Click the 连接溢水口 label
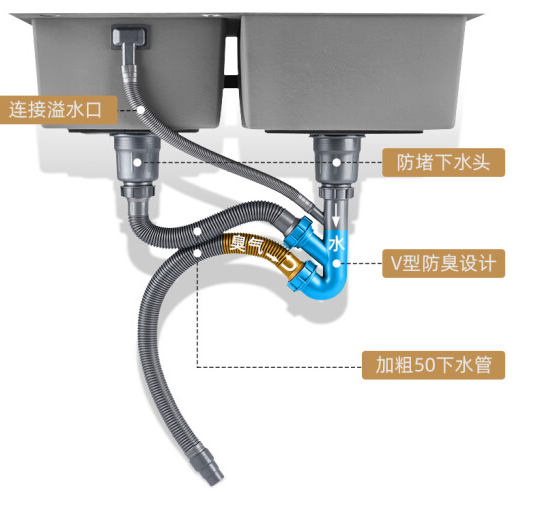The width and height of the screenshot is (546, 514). tap(58, 110)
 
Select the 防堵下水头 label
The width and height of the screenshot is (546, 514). tap(443, 162)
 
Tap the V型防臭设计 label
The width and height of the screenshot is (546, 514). tap(443, 263)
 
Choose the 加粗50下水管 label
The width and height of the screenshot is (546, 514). tap(433, 365)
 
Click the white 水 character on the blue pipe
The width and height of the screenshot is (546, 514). tap(336, 243)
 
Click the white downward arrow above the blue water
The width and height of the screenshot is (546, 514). tap(336, 216)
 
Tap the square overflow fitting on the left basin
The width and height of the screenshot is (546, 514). tap(129, 37)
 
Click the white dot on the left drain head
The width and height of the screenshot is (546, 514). tap(137, 162)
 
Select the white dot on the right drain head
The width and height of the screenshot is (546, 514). tap(336, 162)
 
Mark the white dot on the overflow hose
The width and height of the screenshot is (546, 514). tap(141, 110)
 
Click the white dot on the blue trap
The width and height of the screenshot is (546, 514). tap(336, 263)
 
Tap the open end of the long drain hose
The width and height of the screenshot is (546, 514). tap(214, 479)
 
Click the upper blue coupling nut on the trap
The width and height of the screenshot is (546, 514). tap(300, 233)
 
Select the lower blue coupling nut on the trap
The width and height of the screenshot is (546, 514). tap(302, 275)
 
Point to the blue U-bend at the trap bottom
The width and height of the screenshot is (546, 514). tap(327, 287)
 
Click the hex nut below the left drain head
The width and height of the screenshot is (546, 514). tap(137, 191)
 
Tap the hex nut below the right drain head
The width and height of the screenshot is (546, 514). tap(336, 192)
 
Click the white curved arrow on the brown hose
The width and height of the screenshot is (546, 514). tap(283, 262)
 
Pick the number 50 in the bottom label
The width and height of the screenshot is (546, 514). tap(425, 365)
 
